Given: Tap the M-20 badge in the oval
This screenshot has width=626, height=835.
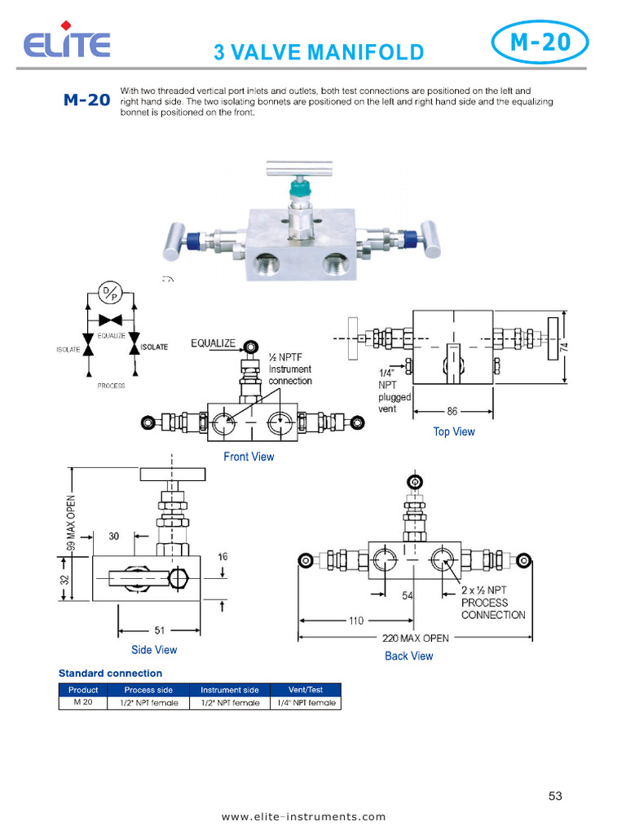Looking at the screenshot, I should click(540, 42).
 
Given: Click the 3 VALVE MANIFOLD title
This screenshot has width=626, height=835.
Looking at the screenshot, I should click(319, 53).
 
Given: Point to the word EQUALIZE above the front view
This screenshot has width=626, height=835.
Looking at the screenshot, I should click(213, 343).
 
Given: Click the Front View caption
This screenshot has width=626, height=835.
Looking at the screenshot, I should click(249, 457).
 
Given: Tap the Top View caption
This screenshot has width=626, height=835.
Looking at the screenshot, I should click(454, 431).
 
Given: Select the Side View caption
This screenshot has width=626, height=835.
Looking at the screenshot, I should click(154, 650).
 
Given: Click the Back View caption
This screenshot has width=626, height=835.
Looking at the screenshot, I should click(409, 656).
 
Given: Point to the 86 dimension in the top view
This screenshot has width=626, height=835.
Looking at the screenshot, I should click(452, 411).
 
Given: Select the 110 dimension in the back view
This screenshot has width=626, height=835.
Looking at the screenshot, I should click(356, 621).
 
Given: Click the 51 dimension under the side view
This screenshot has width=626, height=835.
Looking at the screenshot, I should click(160, 630).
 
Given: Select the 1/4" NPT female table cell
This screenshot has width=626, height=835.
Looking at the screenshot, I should click(306, 703).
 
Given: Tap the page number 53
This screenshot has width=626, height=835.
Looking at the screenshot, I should click(555, 796).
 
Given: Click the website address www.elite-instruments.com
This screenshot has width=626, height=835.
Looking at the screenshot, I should click(304, 816).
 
